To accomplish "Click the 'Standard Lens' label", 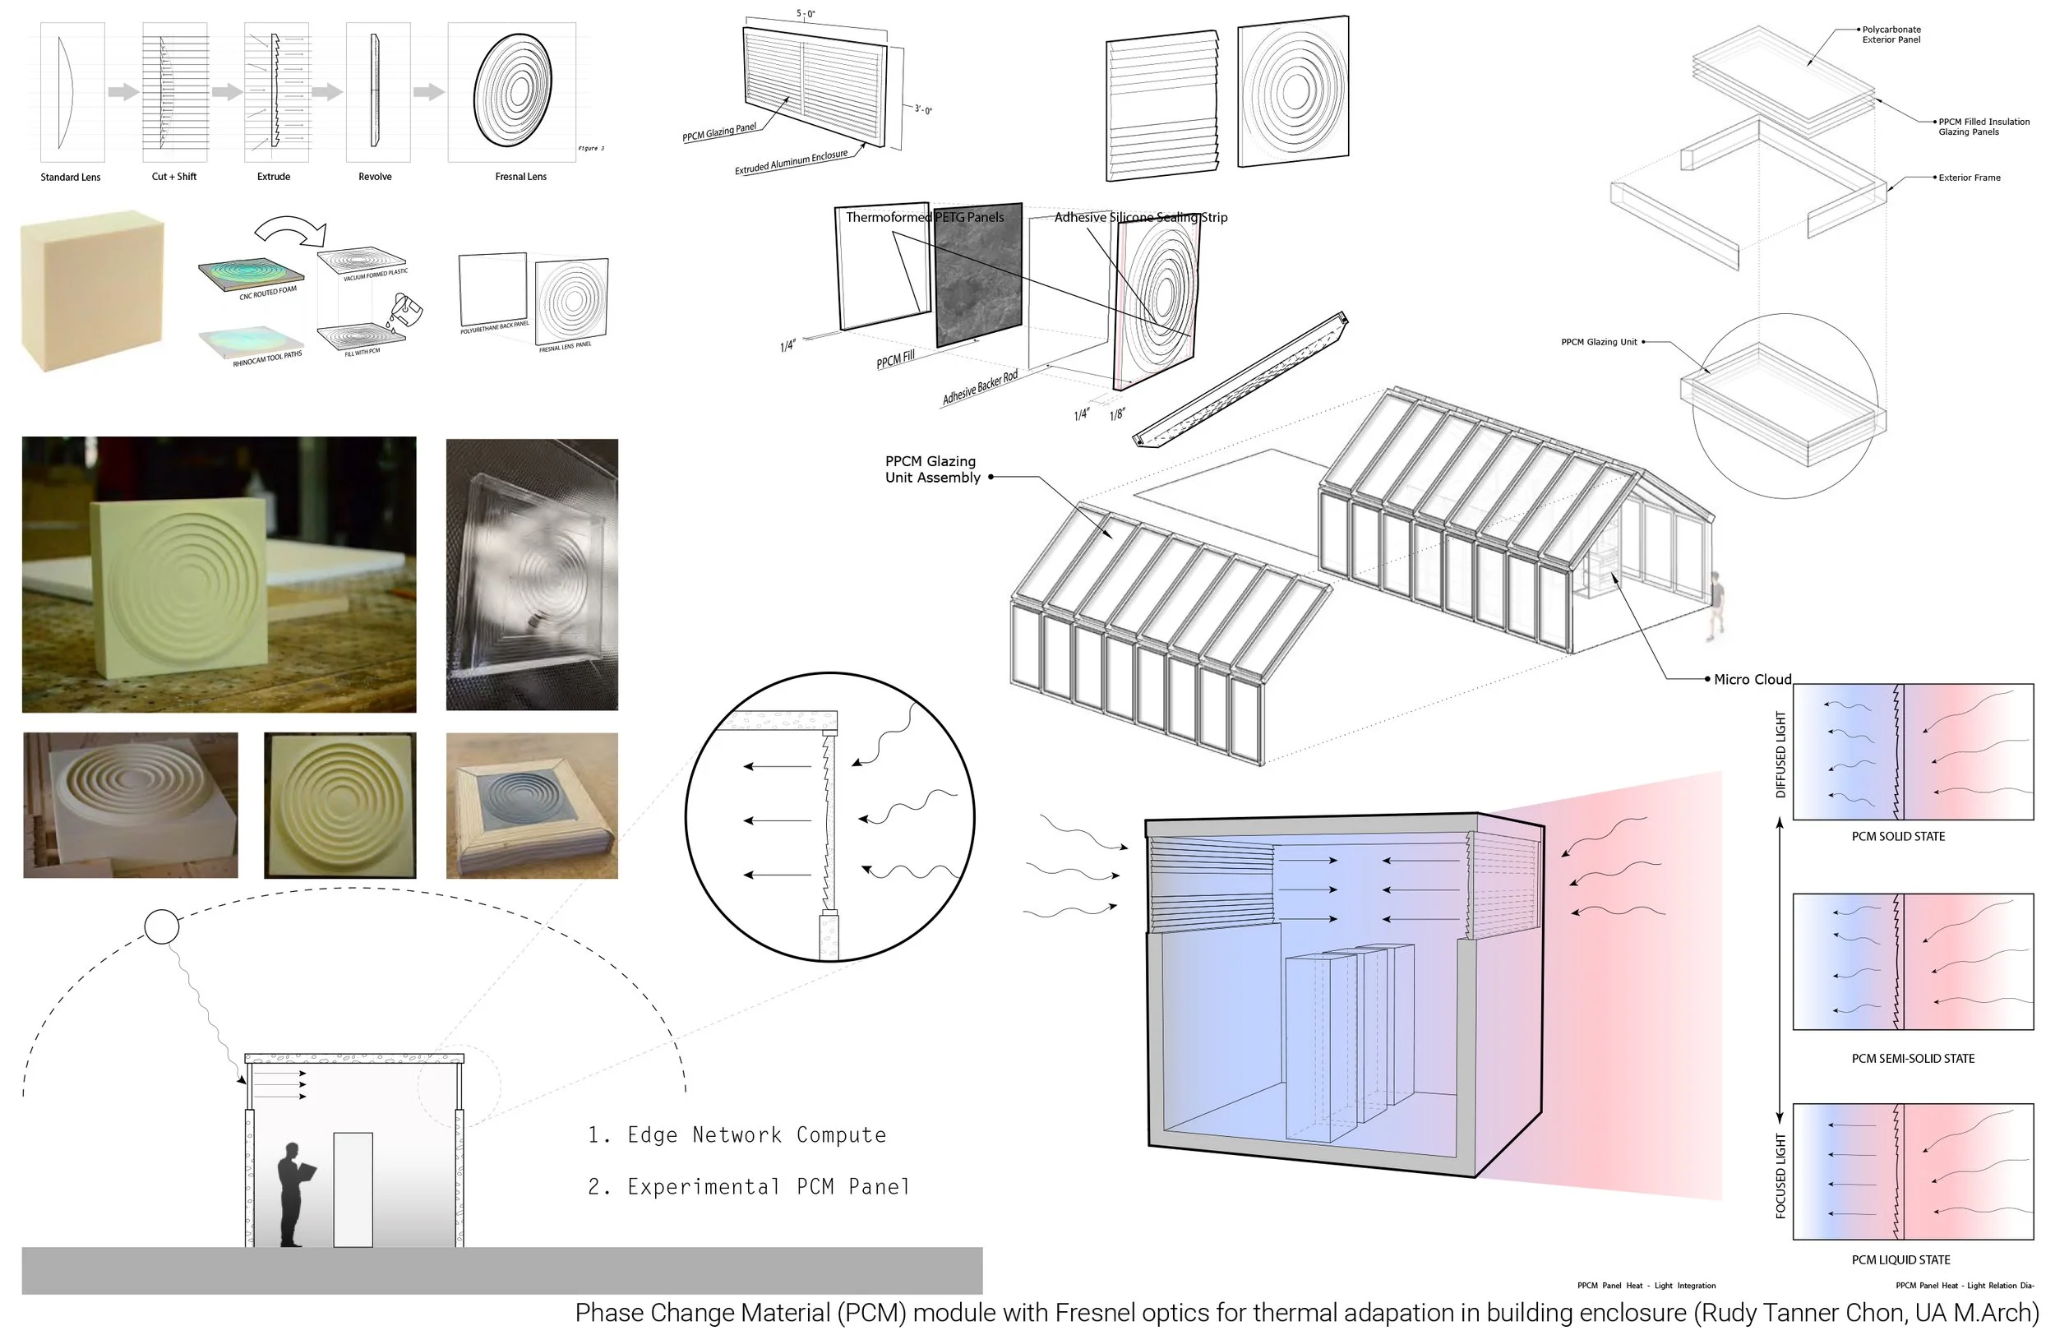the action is (70, 177).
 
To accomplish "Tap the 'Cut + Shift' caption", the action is (173, 176).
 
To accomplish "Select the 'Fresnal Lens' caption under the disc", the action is (520, 176).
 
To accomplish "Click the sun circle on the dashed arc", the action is (161, 926).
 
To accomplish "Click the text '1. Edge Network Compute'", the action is (737, 1134).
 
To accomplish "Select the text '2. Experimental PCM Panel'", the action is (749, 1186).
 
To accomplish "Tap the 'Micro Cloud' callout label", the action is (1752, 680).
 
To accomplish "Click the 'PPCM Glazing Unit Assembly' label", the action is (931, 469).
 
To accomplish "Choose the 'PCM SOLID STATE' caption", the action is (1898, 836).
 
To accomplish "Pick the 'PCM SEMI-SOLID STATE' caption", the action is (1913, 1058).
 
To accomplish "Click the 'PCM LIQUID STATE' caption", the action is (1900, 1259).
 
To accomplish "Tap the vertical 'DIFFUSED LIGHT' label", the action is (1780, 754).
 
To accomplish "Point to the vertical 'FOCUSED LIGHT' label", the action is (1780, 1176).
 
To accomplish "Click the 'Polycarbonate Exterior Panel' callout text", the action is (1891, 35).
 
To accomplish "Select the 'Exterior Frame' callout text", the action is (1969, 178).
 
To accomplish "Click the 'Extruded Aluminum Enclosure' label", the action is (790, 162).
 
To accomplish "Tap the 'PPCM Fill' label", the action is (894, 359).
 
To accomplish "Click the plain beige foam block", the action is (91, 291).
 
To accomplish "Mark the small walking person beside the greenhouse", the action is (1716, 605).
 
